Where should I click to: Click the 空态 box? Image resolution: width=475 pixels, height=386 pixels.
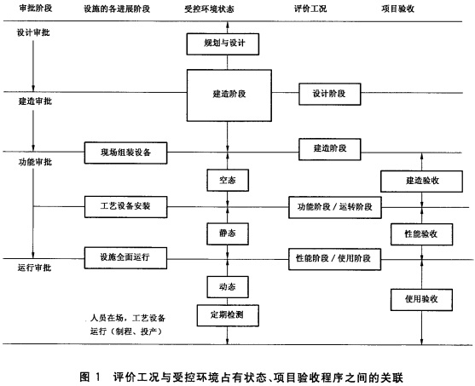tap(227, 181)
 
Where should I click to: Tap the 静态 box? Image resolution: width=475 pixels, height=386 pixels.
tap(227, 232)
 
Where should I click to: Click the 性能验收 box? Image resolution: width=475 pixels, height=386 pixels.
tap(415, 233)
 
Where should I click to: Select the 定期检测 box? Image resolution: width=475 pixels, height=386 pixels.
tap(227, 314)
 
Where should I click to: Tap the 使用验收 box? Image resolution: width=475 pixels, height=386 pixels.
tap(415, 299)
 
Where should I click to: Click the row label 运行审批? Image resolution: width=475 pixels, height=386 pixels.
tap(34, 269)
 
